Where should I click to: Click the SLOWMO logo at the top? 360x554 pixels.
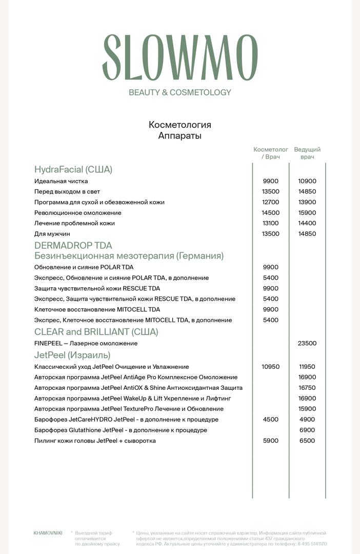click(x=179, y=57)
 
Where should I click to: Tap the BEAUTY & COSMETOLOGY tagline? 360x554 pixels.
click(x=179, y=92)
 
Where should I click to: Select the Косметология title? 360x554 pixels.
click(x=179, y=125)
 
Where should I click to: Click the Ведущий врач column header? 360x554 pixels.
click(x=307, y=153)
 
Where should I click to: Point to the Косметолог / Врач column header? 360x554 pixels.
click(x=270, y=153)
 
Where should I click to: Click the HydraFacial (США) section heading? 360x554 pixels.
click(x=73, y=169)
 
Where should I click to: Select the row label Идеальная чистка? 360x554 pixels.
click(x=61, y=181)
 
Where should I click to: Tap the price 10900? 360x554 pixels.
click(x=307, y=181)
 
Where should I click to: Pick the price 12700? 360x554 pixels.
click(x=270, y=202)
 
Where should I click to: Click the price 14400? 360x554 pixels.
click(x=307, y=223)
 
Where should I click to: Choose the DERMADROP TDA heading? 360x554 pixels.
click(x=73, y=245)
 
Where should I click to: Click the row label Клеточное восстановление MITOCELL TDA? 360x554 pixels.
click(x=97, y=309)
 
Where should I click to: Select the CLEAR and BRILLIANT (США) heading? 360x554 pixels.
click(x=96, y=331)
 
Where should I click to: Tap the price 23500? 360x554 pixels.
click(x=307, y=343)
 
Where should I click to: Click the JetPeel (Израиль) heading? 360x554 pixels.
click(x=72, y=355)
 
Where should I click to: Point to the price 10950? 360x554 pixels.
click(x=270, y=367)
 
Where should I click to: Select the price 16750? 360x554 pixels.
click(x=307, y=388)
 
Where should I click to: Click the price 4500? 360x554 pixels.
click(x=270, y=420)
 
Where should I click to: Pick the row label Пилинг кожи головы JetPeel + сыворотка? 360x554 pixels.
click(x=95, y=441)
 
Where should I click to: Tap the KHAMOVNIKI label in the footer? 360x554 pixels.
click(x=48, y=533)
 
